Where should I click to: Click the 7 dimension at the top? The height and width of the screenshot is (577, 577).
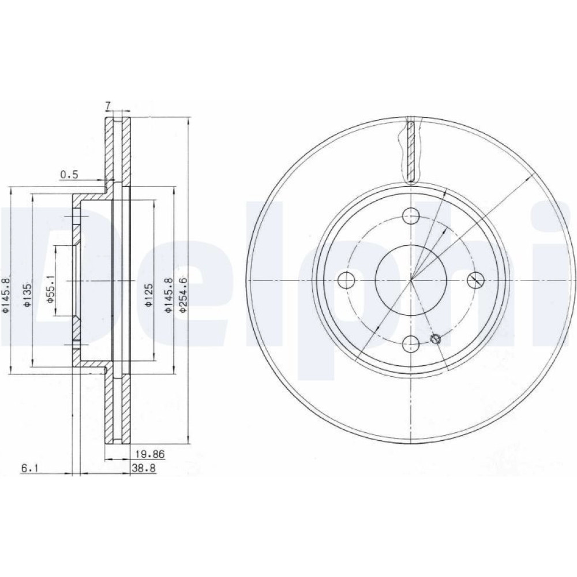pos(108,106)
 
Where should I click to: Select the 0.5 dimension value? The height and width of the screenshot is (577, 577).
pos(69,175)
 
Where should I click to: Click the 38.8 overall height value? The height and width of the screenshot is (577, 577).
pos(144,469)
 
